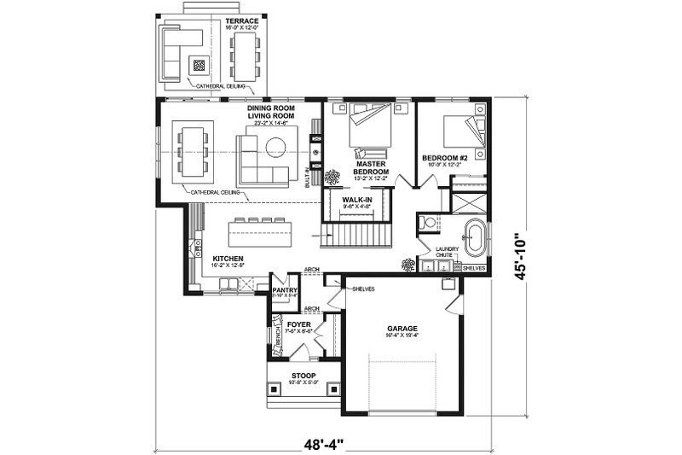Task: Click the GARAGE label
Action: [x=401, y=328]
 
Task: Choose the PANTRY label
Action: [x=283, y=290]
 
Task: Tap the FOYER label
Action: [x=298, y=324]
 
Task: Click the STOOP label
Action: [x=303, y=376]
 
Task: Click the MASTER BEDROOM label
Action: [x=372, y=167]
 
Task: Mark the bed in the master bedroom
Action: [x=370, y=127]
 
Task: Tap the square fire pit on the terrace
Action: [x=199, y=64]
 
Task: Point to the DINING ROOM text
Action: [x=271, y=108]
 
